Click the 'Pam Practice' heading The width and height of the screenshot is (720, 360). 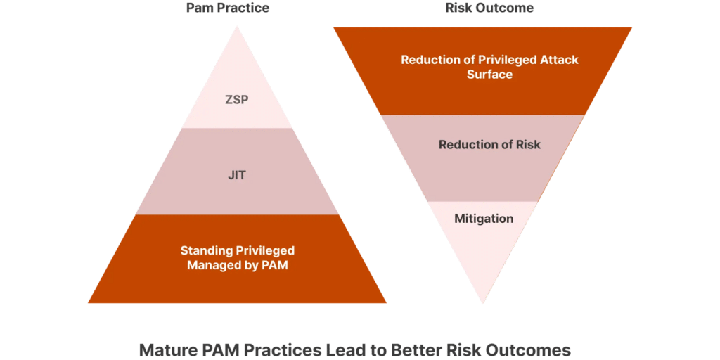[x=228, y=8]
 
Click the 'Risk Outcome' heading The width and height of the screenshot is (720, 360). [x=489, y=8]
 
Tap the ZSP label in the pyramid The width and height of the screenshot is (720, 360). [x=237, y=100]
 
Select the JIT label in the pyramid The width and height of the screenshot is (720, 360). [x=237, y=175]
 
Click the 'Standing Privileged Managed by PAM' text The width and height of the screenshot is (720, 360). [x=238, y=258]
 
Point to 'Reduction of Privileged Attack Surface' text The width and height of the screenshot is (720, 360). [x=489, y=67]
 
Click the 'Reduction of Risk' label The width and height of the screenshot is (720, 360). [x=489, y=145]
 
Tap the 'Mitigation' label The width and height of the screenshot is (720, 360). [x=484, y=219]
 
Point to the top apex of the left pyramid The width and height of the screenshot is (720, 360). [x=237, y=27]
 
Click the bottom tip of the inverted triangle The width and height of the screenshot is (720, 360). [x=482, y=303]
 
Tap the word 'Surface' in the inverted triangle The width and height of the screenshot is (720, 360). [x=489, y=75]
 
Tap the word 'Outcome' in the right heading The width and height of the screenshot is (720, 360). [x=505, y=8]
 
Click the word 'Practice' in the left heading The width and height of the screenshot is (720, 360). [x=242, y=8]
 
